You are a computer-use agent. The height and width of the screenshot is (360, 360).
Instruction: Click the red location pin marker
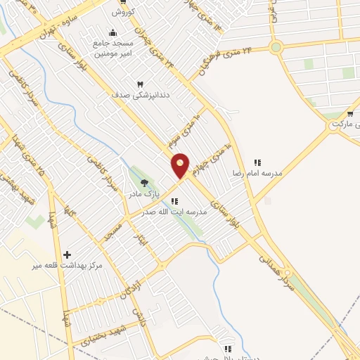181,165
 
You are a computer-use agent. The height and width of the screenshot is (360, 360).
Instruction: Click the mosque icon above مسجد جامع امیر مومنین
112,32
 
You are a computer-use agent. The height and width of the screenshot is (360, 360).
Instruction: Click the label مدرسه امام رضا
257,172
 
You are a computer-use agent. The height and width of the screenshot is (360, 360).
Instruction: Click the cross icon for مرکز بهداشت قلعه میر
67,255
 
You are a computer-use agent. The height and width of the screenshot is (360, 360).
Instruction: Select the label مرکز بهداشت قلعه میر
67,265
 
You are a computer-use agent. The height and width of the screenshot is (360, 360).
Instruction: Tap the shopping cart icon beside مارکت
349,113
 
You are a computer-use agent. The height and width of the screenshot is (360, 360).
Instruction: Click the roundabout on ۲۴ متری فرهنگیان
276,48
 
